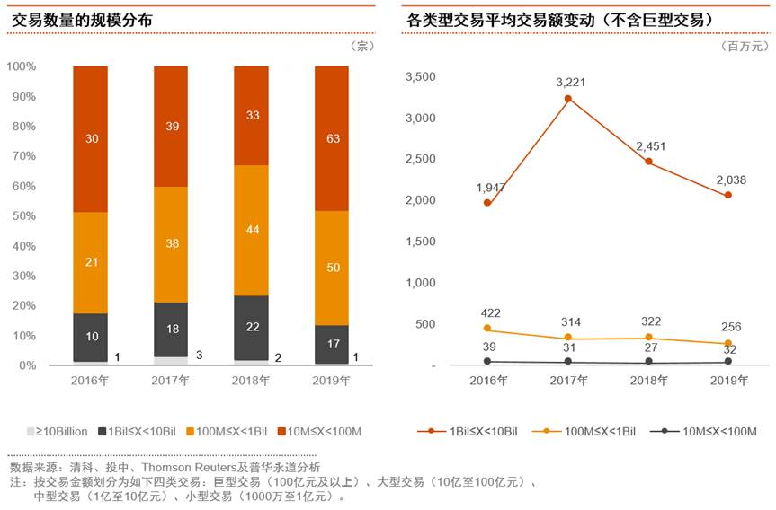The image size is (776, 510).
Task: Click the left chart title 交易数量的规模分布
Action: tap(76, 20)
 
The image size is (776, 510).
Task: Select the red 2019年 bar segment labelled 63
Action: tap(331, 139)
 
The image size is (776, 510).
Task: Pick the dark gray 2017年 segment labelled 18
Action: tap(171, 329)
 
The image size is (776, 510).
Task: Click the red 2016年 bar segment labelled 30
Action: tap(90, 139)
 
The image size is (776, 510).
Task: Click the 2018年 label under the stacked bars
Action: tap(251, 381)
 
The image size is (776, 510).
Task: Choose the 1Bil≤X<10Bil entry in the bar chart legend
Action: tap(139, 432)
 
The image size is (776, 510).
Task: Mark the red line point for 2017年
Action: tap(567, 98)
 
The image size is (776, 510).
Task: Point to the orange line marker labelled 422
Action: tap(487, 329)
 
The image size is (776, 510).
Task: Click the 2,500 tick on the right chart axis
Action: tap(422, 160)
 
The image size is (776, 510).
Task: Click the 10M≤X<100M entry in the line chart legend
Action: tap(714, 432)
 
